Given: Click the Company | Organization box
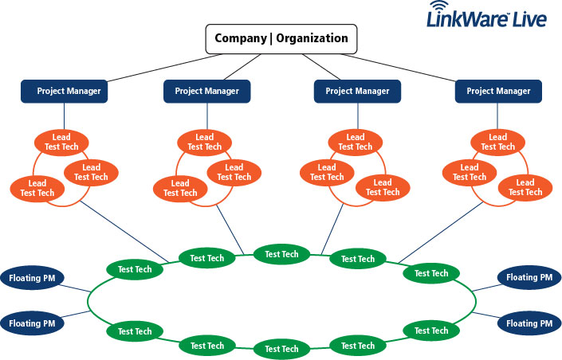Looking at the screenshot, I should click(281, 38).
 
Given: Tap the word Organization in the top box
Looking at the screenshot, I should click(311, 38).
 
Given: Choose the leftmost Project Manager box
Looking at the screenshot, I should click(69, 91).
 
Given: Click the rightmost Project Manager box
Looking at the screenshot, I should click(497, 91).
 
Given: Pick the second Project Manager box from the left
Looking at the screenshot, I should click(206, 91).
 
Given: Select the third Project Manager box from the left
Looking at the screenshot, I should click(356, 91).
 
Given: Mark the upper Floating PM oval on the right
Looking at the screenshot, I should click(529, 278).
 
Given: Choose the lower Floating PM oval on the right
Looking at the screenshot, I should click(529, 323).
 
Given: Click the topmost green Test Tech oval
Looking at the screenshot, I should click(281, 254).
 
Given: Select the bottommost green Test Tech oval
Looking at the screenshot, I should click(281, 349).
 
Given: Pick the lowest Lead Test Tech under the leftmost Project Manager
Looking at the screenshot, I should click(37, 188).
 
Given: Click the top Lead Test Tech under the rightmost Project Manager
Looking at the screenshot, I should click(498, 143).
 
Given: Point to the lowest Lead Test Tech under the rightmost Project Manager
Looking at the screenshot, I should click(525, 188).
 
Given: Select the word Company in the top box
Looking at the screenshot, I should click(242, 38).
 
